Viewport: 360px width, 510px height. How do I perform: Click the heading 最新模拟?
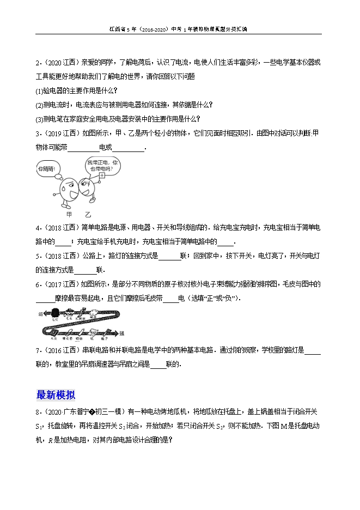point(55,395)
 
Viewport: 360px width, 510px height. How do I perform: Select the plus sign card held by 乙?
point(101,177)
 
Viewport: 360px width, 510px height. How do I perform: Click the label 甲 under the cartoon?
point(69,215)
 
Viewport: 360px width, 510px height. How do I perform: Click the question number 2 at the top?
point(38,62)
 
